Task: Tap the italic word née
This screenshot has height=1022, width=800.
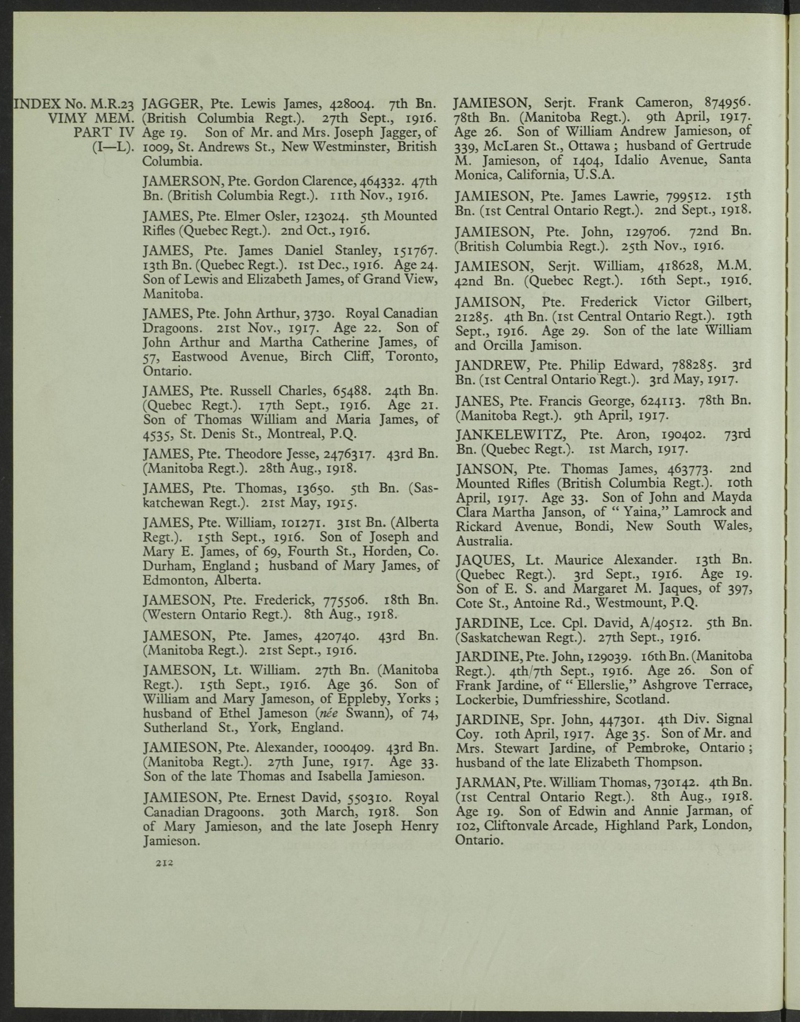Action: [x=326, y=713]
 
